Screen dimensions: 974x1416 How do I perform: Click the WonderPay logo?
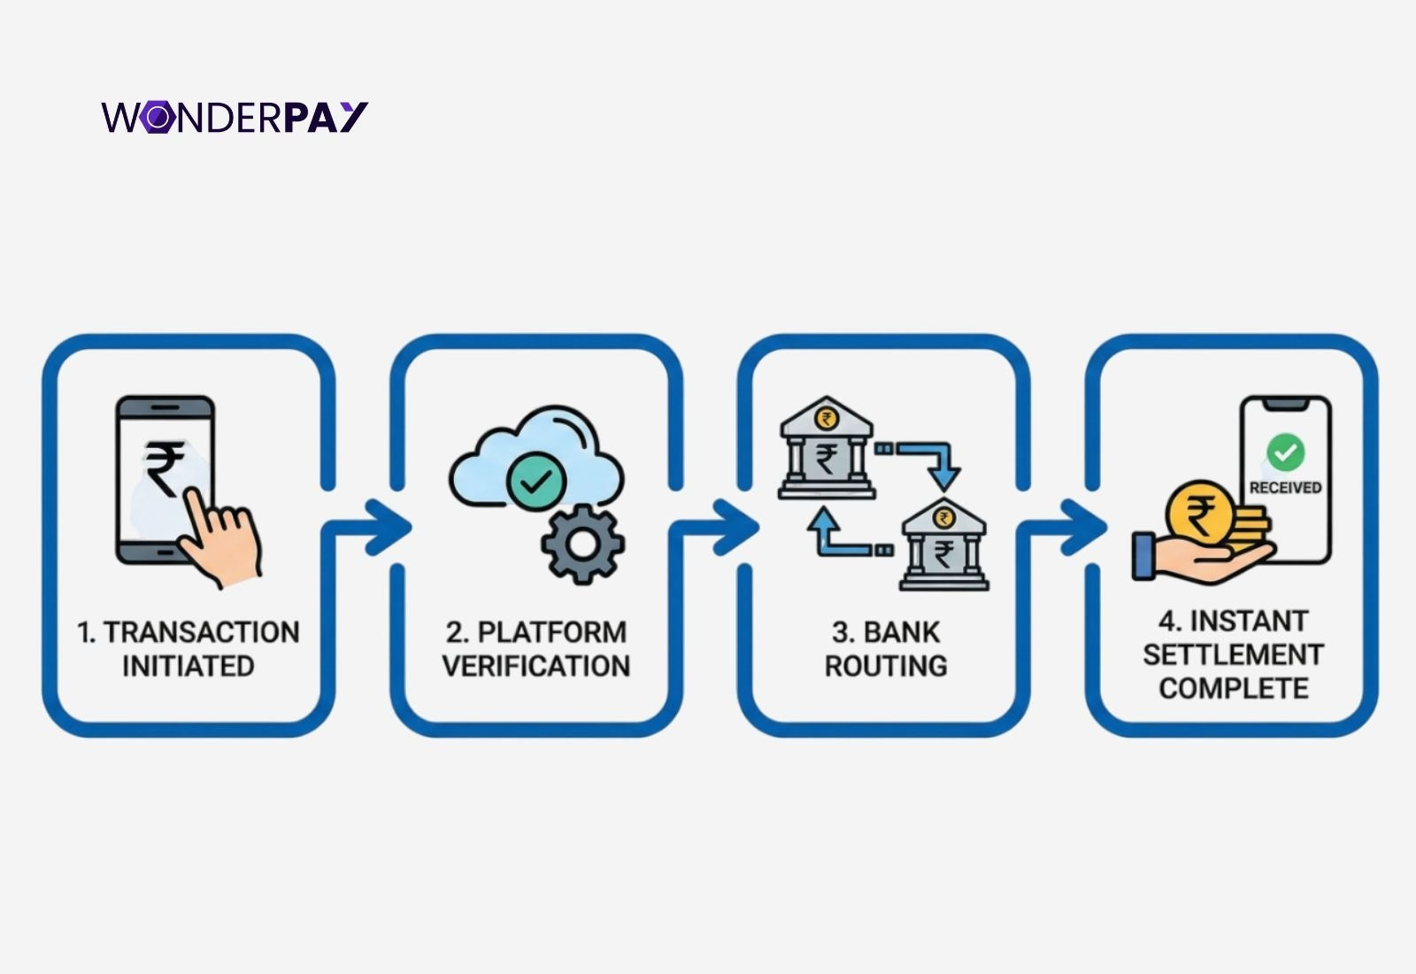235,117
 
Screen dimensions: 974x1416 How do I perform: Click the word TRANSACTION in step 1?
201,632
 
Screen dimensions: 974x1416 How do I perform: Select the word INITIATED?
189,666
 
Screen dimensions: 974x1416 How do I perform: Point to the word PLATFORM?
551,632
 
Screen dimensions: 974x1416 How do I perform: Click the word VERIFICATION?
536,666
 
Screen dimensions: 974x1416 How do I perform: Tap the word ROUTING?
886,666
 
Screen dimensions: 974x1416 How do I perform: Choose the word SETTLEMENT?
1233,654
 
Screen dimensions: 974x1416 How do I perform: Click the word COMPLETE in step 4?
1233,688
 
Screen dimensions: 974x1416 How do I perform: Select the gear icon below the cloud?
582,543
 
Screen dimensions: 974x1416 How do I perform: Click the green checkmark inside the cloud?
535,482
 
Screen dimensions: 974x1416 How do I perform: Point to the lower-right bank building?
944,545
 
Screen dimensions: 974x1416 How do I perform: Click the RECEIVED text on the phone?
1285,488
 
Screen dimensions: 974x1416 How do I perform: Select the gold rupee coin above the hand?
1201,512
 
